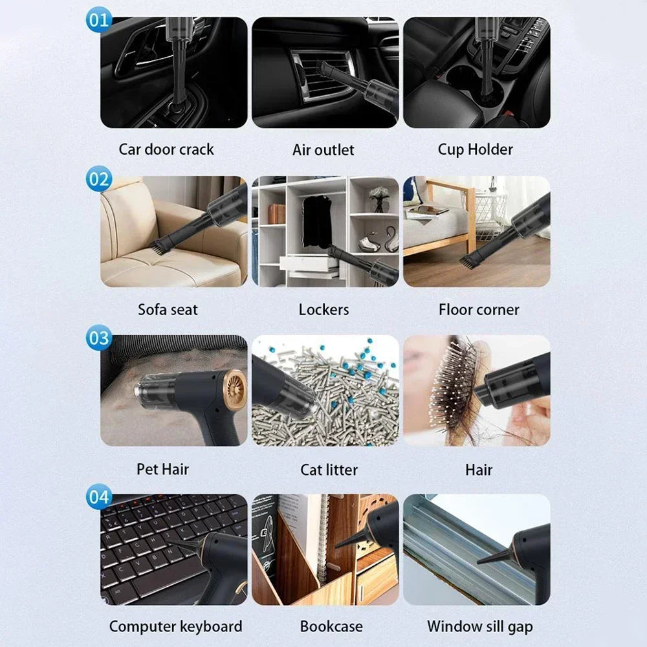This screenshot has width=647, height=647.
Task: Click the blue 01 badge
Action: [99, 20]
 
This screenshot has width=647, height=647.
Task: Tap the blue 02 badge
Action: [99, 179]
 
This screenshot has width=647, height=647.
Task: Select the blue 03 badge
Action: [99, 338]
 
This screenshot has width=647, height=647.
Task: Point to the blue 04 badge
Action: [99, 498]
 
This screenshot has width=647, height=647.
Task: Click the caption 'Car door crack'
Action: [166, 149]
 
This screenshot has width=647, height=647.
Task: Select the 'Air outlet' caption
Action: [323, 150]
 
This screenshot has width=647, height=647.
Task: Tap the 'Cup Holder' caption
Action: [476, 149]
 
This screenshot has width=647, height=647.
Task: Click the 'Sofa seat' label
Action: [168, 309]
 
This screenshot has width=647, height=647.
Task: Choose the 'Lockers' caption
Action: [323, 309]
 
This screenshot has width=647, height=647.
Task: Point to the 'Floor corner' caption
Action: [479, 309]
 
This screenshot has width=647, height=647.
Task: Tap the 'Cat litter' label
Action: [329, 469]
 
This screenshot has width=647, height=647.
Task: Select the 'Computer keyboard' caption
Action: [175, 626]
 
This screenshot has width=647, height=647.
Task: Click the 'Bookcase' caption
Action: [331, 626]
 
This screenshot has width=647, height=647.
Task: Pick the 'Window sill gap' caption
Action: [480, 626]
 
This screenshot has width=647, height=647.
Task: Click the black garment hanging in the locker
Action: [317, 220]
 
